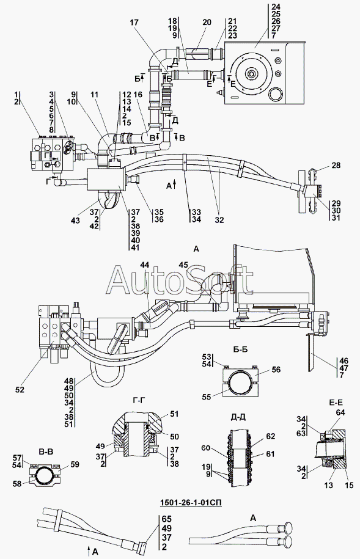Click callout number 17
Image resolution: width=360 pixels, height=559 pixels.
click(x=134, y=23)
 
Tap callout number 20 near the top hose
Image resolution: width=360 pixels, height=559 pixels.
click(x=207, y=23)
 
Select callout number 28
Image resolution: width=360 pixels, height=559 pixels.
click(x=336, y=166)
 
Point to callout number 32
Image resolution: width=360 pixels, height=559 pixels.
click(x=219, y=220)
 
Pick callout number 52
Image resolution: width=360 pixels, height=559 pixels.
click(x=20, y=390)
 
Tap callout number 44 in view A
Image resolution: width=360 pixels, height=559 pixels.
click(x=145, y=265)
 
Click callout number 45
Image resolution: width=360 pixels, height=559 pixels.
click(x=183, y=265)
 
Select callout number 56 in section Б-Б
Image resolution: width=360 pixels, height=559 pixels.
click(x=276, y=370)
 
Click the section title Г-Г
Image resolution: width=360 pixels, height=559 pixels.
click(x=138, y=400)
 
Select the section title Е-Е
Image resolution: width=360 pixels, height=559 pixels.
click(x=335, y=403)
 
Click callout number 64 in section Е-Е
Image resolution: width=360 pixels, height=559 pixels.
click(x=340, y=412)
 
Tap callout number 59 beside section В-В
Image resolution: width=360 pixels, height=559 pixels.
click(x=75, y=464)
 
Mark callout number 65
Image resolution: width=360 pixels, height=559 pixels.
click(x=167, y=519)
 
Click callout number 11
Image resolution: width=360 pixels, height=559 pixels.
click(x=94, y=95)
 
